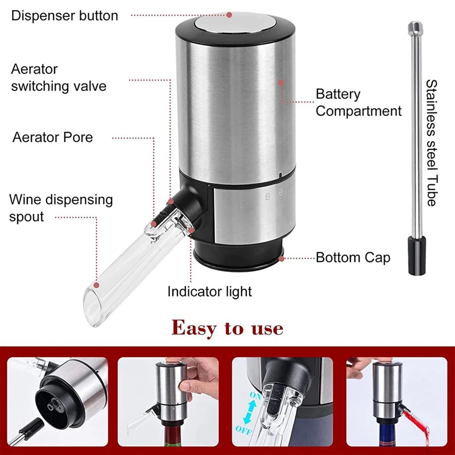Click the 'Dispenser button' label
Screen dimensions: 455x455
click(65, 15)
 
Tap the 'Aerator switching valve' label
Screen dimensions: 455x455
click(59, 78)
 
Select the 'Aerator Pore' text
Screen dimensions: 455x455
click(53, 137)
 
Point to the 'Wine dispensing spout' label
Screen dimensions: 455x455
click(61, 208)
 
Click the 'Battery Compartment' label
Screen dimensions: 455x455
click(358, 102)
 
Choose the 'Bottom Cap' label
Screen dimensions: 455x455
click(353, 258)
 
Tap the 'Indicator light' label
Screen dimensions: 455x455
click(209, 292)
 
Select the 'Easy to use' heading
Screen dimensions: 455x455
click(227, 328)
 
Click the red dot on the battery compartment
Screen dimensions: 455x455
click(280, 82)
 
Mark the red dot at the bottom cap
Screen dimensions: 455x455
click(282, 258)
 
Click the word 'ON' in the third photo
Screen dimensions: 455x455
click(254, 394)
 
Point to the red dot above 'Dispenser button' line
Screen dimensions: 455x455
click(229, 15)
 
